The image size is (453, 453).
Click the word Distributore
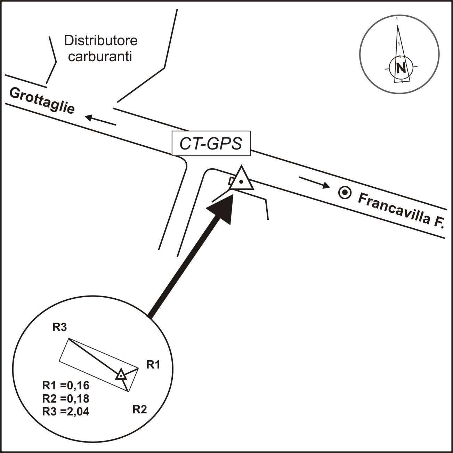point(100,40)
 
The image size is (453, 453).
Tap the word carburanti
point(100,57)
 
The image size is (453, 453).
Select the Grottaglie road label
point(42,101)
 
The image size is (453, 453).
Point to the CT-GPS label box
point(211,143)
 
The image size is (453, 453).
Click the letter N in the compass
point(401,68)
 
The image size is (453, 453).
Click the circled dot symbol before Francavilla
point(345,193)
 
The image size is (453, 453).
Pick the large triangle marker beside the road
point(241,179)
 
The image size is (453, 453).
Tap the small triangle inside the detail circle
point(121,375)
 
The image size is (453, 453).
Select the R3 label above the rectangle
point(59,327)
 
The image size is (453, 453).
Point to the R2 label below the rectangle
point(140,410)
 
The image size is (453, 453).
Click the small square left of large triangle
point(232,181)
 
